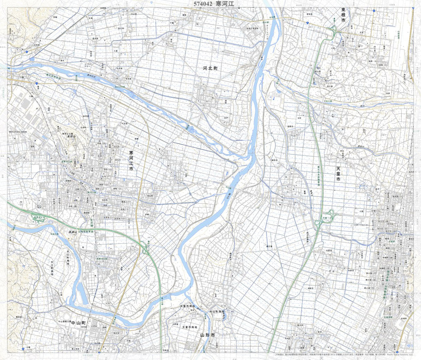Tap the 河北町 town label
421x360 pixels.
click(210, 68)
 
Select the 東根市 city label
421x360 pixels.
click(343, 16)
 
